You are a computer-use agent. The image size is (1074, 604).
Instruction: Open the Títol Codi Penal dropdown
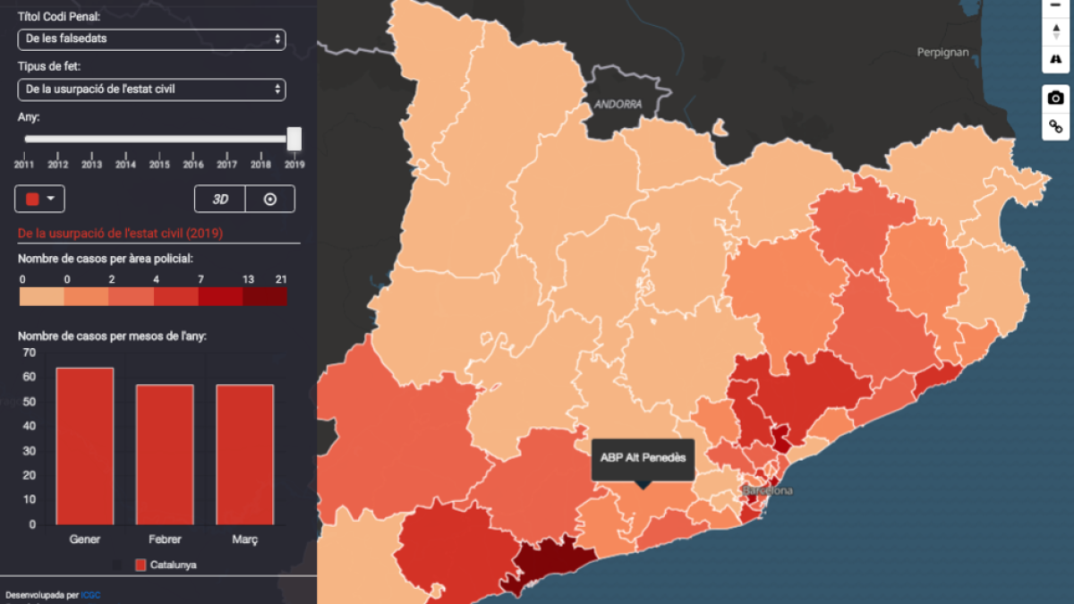point(151,39)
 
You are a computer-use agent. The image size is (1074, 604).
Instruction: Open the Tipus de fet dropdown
point(151,89)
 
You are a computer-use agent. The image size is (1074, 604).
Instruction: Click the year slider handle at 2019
point(294,139)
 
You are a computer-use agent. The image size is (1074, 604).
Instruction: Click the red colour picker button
point(40,199)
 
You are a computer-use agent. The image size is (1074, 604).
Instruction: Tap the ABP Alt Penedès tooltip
point(643,458)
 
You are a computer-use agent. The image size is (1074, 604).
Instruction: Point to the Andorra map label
point(618,105)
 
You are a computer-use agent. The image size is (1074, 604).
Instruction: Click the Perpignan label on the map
point(942,53)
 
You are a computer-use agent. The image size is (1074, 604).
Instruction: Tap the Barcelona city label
point(767,491)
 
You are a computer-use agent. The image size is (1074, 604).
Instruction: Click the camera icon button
point(1056,98)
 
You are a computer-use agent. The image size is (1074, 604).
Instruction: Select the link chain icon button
point(1056,126)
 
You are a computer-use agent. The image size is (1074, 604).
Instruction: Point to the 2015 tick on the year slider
point(159,165)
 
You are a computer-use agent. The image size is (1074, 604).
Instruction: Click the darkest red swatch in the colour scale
point(265,296)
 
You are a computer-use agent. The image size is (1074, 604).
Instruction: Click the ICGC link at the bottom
point(89,595)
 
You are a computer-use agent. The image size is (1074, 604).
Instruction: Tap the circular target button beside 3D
point(269,199)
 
